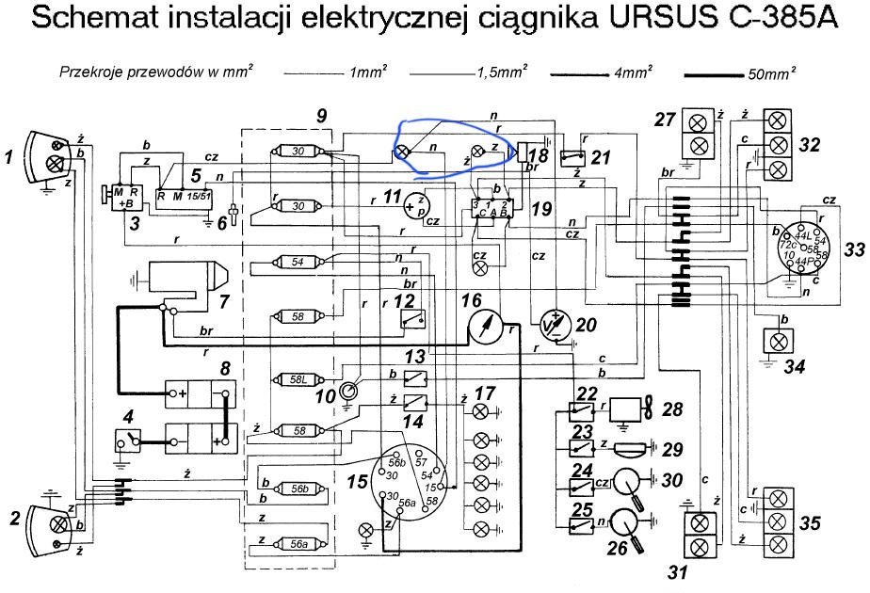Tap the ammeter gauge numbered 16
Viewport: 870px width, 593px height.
(487, 329)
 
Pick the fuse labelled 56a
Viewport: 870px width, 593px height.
(298, 543)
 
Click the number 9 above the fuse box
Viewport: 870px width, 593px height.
(322, 116)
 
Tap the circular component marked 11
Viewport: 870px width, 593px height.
(415, 206)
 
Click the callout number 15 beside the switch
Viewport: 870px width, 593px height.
(357, 482)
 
